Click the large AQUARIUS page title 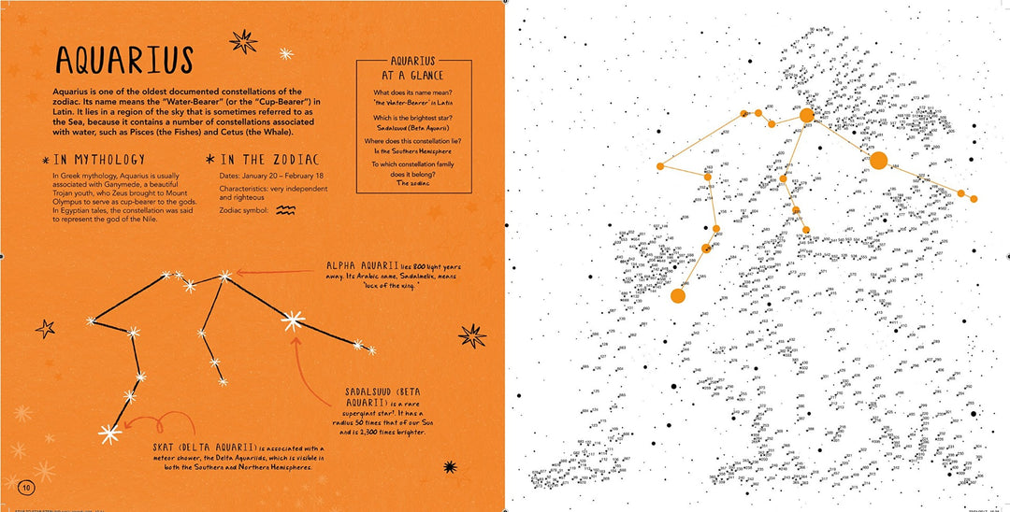pyautogui.click(x=123, y=60)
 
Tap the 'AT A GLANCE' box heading pyautogui.click(x=411, y=75)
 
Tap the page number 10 pyautogui.click(x=26, y=486)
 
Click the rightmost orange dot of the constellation pyautogui.click(x=974, y=199)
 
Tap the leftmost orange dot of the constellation pyautogui.click(x=659, y=166)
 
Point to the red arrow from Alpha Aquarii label pyautogui.click(x=271, y=272)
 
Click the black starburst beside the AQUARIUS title pyautogui.click(x=244, y=40)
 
